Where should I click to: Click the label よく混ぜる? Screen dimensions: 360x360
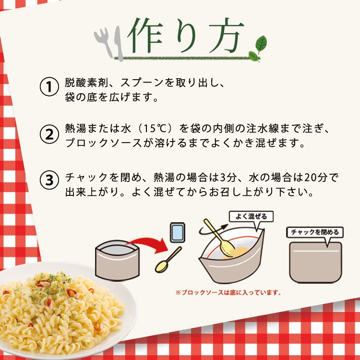251,216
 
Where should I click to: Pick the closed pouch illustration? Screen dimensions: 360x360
315,262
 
